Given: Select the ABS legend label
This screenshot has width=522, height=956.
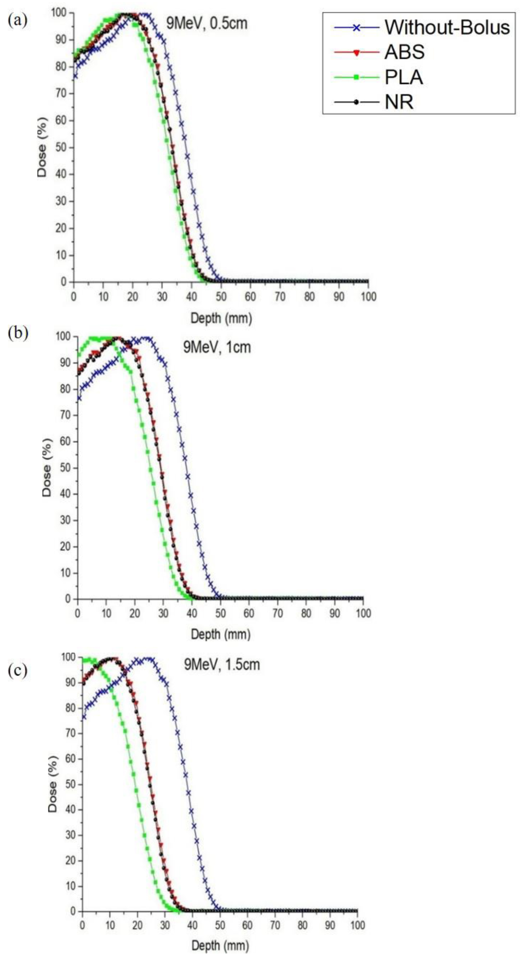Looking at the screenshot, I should pyautogui.click(x=404, y=52).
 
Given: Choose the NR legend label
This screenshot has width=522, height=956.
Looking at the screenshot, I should pyautogui.click(x=399, y=102).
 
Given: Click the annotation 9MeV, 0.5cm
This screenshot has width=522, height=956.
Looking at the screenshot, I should pyautogui.click(x=206, y=23).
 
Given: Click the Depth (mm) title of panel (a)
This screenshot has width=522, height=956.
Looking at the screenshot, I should pyautogui.click(x=221, y=318).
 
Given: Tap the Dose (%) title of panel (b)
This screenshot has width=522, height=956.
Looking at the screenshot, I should pyautogui.click(x=47, y=467).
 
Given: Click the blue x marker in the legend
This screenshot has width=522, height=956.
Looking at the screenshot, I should pyautogui.click(x=356, y=27).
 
